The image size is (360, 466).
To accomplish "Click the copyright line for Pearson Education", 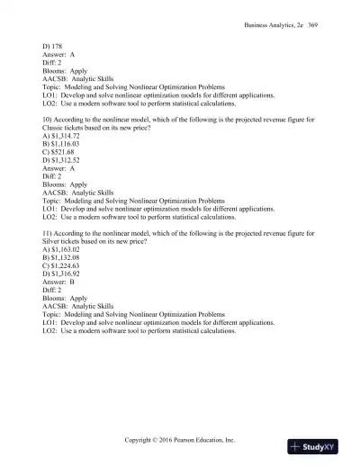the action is (x=180, y=441).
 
